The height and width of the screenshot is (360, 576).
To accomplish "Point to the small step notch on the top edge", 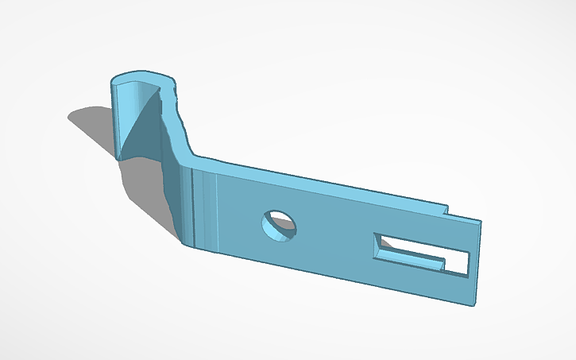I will coord(446,211).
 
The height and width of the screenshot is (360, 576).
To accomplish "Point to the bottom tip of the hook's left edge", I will coord(120,158).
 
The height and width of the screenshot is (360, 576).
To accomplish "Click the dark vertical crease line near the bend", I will coord(193,207).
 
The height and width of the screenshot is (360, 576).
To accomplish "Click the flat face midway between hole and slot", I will coord(334,238).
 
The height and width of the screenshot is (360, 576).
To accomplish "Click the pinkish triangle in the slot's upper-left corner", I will coord(377,238).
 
